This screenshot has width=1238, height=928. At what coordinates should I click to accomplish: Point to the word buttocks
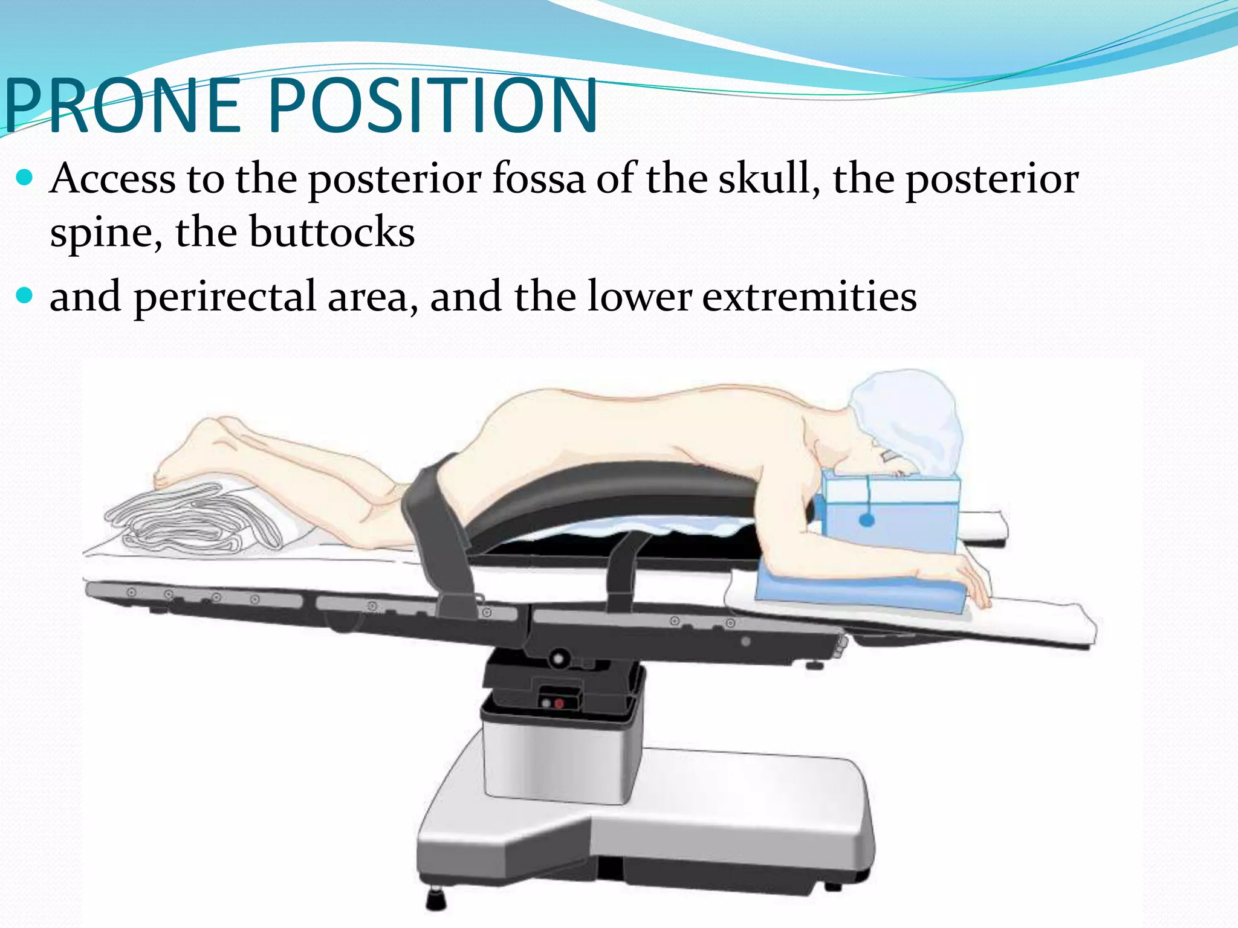click(x=332, y=232)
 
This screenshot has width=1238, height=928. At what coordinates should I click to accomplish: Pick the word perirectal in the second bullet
click(x=225, y=296)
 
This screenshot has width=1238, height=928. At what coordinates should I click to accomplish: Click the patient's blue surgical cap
click(x=907, y=417)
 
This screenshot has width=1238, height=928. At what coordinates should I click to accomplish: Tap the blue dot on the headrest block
click(x=866, y=520)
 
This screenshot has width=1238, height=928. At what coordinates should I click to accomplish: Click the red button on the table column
click(x=559, y=703)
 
